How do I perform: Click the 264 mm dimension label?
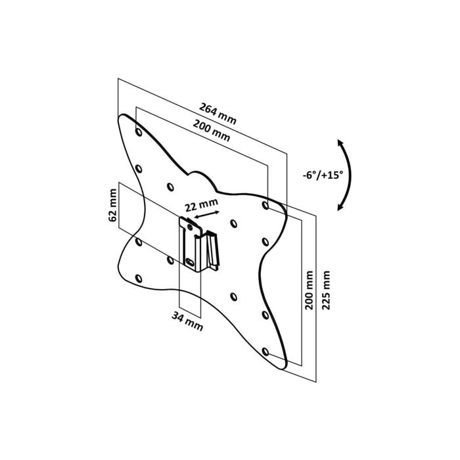(x=218, y=113)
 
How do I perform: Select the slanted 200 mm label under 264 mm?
(x=211, y=130)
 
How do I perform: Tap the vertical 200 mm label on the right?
(x=309, y=290)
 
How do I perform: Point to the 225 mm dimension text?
(x=326, y=290)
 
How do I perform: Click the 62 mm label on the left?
(x=112, y=205)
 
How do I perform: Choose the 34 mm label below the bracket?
(x=187, y=321)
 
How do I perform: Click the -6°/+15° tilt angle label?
(x=323, y=175)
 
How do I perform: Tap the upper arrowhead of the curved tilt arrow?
(x=340, y=143)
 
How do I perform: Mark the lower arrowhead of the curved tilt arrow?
(x=340, y=207)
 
